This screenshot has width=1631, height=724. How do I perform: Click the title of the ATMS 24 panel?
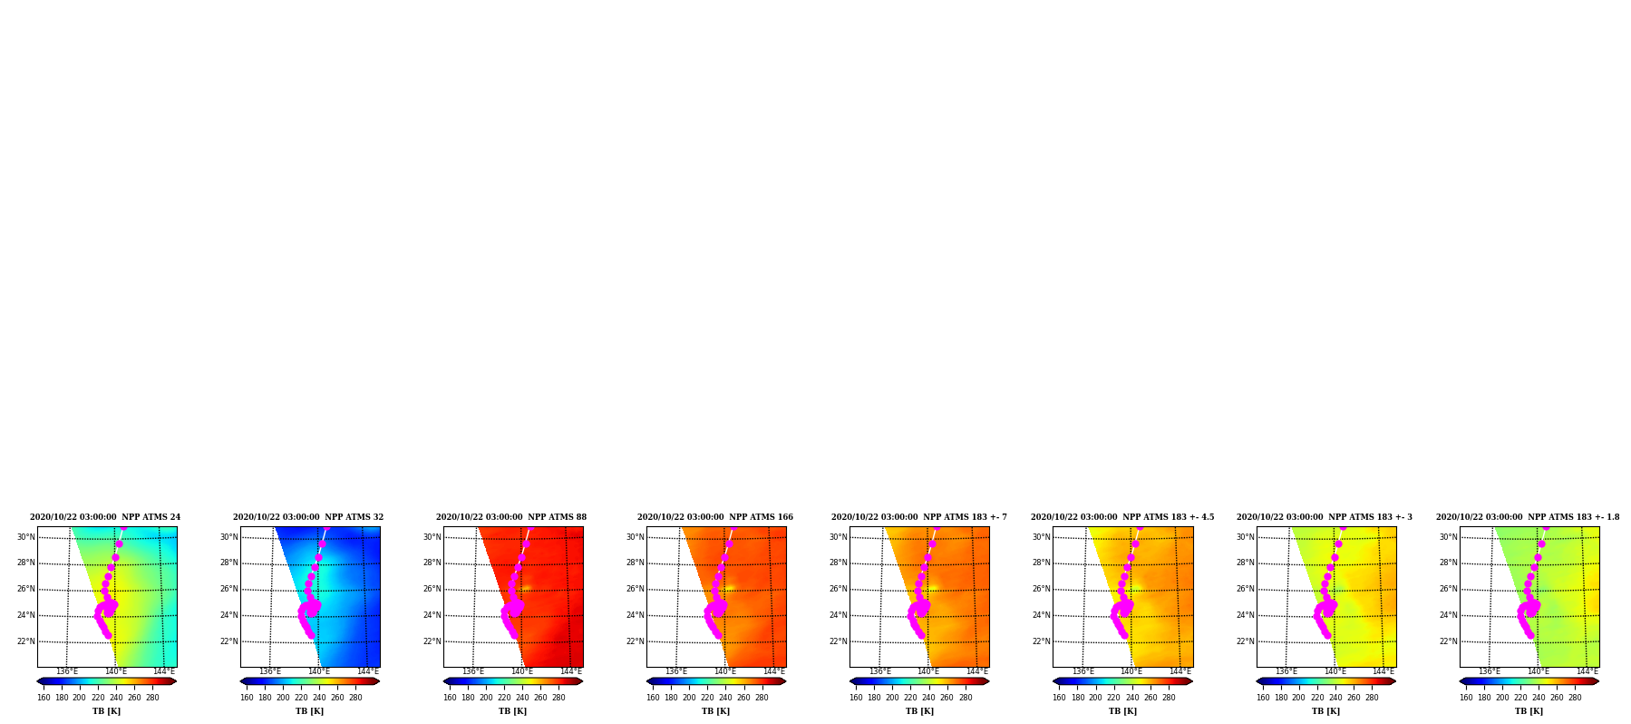105,517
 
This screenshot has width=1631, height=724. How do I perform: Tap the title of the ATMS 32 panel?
308,517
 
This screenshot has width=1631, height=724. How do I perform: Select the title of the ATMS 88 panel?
511,517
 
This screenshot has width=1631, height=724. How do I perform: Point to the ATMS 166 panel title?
715,517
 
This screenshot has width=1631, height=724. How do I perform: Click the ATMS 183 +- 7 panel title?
919,517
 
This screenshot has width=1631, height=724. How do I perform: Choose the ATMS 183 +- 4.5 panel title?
1122,517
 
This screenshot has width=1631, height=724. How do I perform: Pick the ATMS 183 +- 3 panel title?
1325,517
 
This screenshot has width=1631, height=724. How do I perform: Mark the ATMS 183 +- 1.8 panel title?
1528,517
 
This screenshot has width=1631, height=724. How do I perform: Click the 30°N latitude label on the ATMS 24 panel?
26,537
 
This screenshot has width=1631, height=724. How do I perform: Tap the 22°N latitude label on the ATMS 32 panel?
229,641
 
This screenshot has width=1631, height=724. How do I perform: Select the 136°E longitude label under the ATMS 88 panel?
473,671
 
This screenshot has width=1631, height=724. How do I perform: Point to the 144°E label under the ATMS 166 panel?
774,671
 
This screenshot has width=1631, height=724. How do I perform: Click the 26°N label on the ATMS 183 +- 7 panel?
839,589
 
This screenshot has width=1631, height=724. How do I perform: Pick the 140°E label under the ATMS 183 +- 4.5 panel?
1131,671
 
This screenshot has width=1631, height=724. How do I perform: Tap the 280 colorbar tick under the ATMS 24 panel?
152,698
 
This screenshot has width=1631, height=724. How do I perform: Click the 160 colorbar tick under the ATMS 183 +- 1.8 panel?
1466,698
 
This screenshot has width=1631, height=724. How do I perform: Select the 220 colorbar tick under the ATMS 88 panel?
504,698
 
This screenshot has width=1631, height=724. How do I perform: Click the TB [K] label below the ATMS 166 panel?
715,711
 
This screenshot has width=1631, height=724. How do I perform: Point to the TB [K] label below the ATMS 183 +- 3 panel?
1325,711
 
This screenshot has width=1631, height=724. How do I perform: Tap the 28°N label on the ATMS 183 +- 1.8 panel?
1449,563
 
